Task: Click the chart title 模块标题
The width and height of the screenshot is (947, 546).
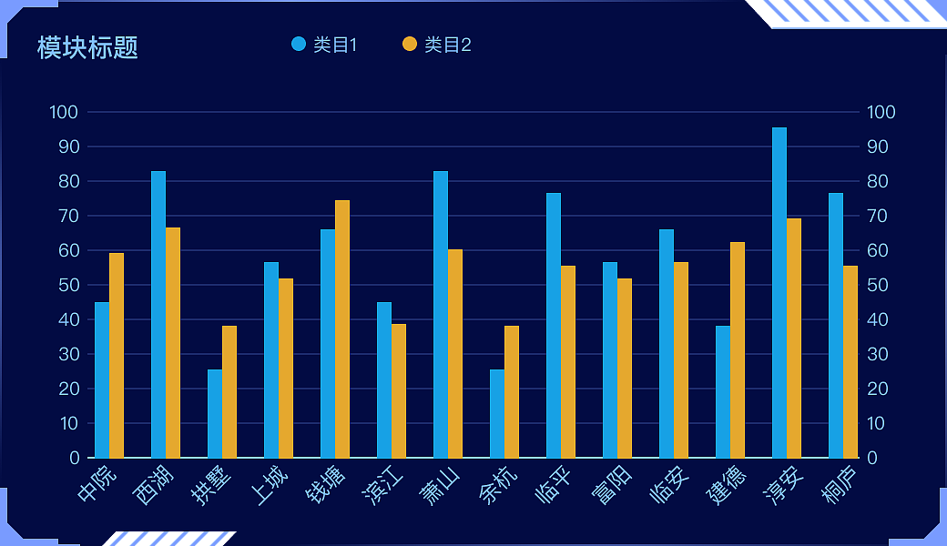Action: (x=87, y=47)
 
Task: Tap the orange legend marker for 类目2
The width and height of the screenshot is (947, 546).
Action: (x=410, y=45)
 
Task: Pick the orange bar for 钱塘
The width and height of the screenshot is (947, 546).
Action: (x=342, y=329)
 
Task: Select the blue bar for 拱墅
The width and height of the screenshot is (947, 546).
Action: (x=215, y=414)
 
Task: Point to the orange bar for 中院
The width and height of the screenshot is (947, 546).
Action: (x=117, y=356)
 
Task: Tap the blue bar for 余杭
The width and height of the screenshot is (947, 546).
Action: (x=497, y=414)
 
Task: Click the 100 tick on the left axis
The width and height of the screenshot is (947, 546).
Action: (x=65, y=113)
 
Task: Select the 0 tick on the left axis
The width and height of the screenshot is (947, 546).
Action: (x=75, y=458)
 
